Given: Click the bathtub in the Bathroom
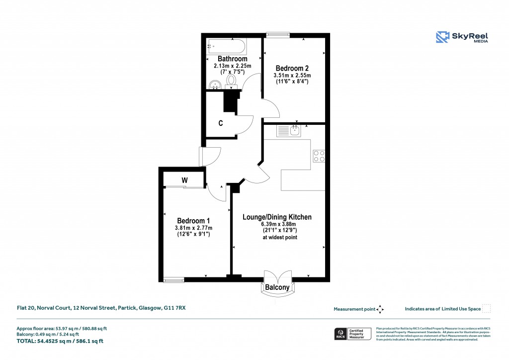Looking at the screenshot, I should coord(225,48).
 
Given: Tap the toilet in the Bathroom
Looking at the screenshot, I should coord(231,81).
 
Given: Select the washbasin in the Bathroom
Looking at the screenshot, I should coord(215,85).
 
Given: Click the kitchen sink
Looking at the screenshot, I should coord(289,131).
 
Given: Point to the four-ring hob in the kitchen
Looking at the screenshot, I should coord(319,156).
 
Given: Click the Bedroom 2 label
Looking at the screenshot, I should coord(290,68).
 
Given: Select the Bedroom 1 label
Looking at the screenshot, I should coord(193,221).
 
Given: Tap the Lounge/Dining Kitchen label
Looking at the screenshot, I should coord(277,217).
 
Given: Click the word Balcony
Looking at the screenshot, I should coord(277,287).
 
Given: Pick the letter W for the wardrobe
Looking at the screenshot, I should coord(184,180).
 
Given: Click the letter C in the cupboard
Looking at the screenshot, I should coord(220,122).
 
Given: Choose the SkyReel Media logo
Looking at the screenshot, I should coord(462,37).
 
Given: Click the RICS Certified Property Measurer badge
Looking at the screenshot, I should coord(352,333).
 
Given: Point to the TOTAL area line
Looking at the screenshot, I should coord(60,341).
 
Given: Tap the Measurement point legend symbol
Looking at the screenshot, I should coord(380,309).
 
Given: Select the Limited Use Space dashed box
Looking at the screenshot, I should coord(487,309).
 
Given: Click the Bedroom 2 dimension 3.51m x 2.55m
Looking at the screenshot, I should coord(292,76).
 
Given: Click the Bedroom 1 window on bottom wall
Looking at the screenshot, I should coord(173,280).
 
